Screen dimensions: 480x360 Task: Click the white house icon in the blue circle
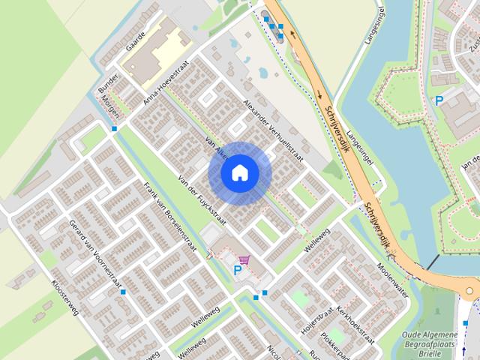click(x=239, y=172)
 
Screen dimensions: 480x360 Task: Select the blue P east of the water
click(x=439, y=100)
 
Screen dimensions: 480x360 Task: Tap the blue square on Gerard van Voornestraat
click(x=122, y=292)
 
